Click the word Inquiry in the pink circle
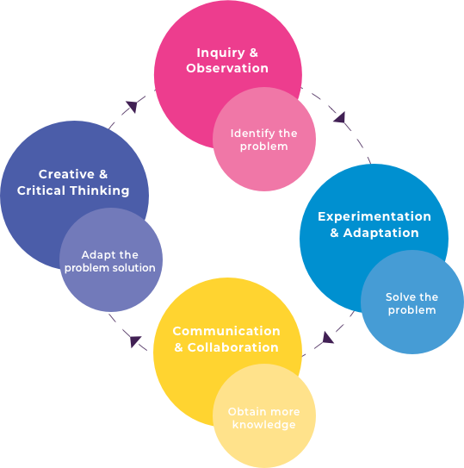tap(220, 53)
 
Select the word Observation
tap(227, 68)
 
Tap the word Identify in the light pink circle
tap(247, 134)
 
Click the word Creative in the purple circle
tap(66, 174)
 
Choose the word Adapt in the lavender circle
tap(96, 255)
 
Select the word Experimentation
tap(374, 216)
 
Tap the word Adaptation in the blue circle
tap(380, 233)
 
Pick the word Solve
tap(397, 297)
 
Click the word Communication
tap(226, 331)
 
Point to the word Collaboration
tap(233, 347)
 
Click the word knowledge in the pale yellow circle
tap(264, 425)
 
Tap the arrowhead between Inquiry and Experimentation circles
tap(340, 117)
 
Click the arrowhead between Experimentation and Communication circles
tap(327, 338)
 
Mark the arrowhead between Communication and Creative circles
tap(135, 341)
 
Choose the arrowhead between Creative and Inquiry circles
tap(133, 106)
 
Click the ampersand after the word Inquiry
tap(253, 53)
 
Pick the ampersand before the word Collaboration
tap(178, 347)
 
